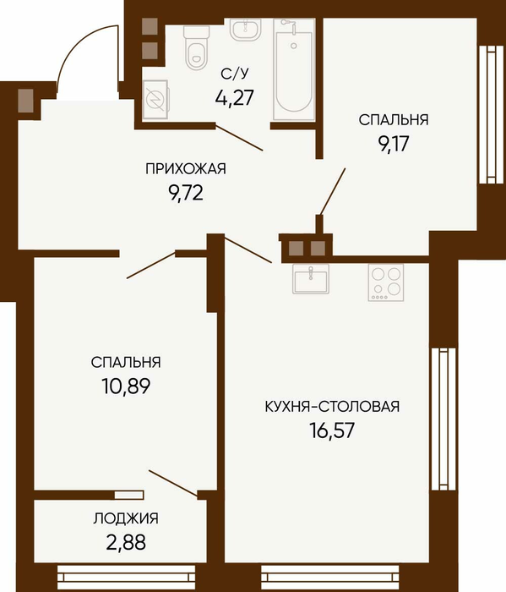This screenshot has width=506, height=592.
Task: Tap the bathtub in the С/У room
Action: point(294,69)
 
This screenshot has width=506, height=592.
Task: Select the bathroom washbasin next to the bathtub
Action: point(246,30)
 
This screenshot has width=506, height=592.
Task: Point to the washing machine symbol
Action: point(155,100)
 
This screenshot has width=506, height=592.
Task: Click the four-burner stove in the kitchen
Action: point(386,282)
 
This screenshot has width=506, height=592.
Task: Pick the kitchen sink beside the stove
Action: point(311,278)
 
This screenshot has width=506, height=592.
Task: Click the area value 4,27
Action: point(235,98)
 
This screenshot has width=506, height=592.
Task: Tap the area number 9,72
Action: point(186,194)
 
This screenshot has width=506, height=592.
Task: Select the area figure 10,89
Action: point(126,386)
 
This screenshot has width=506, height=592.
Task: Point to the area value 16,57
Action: point(332,430)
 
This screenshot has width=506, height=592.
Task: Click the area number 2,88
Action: point(126,543)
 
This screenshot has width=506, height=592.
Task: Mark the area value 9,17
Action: point(394,144)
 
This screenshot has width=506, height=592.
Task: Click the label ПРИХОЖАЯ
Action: point(186,169)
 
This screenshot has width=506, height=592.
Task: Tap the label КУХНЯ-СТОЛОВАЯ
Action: point(332,407)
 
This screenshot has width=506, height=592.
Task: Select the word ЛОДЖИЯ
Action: point(126,518)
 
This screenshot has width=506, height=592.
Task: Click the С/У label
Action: point(235,74)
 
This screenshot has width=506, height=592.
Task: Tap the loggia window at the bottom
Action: point(127,577)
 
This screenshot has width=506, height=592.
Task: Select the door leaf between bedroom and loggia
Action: point(173,484)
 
